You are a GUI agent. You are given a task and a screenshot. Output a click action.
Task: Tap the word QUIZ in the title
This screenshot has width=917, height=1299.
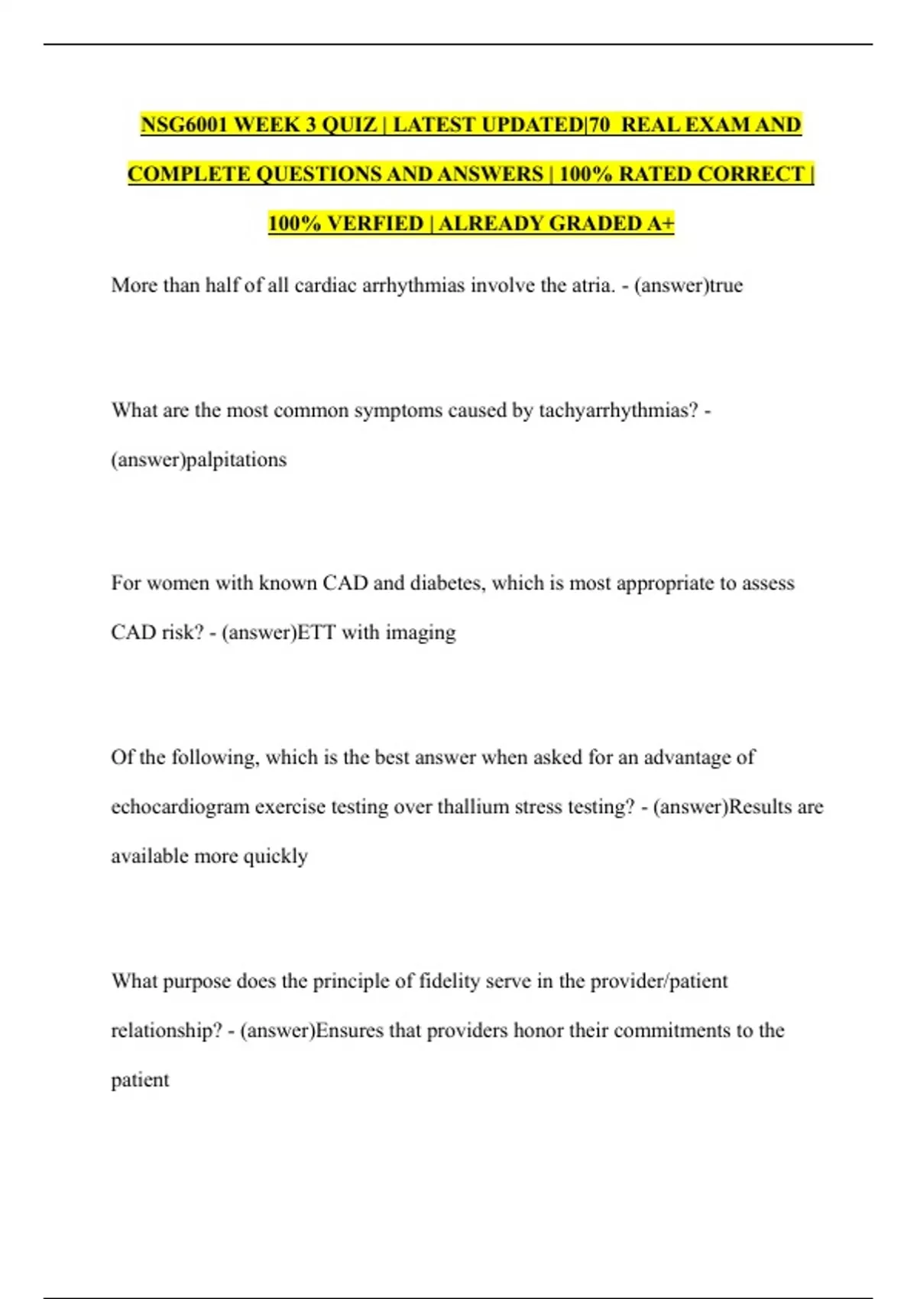[x=348, y=125]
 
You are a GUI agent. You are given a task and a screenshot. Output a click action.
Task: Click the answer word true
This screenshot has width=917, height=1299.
[x=726, y=286]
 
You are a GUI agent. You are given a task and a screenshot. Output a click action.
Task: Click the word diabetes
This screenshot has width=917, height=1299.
[x=447, y=583]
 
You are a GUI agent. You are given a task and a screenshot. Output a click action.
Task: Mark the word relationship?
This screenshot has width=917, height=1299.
[x=167, y=1031]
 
